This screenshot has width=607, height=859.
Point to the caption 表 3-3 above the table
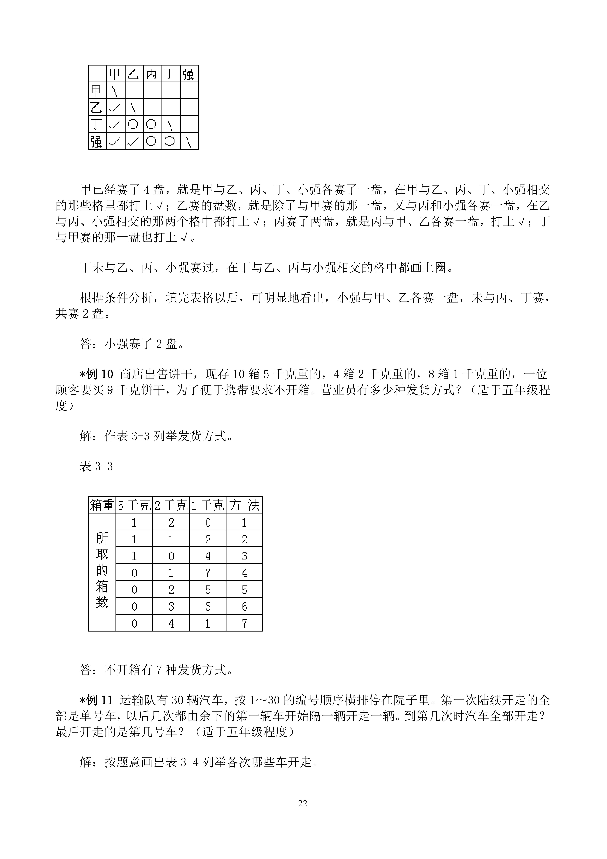pyautogui.click(x=96, y=467)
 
